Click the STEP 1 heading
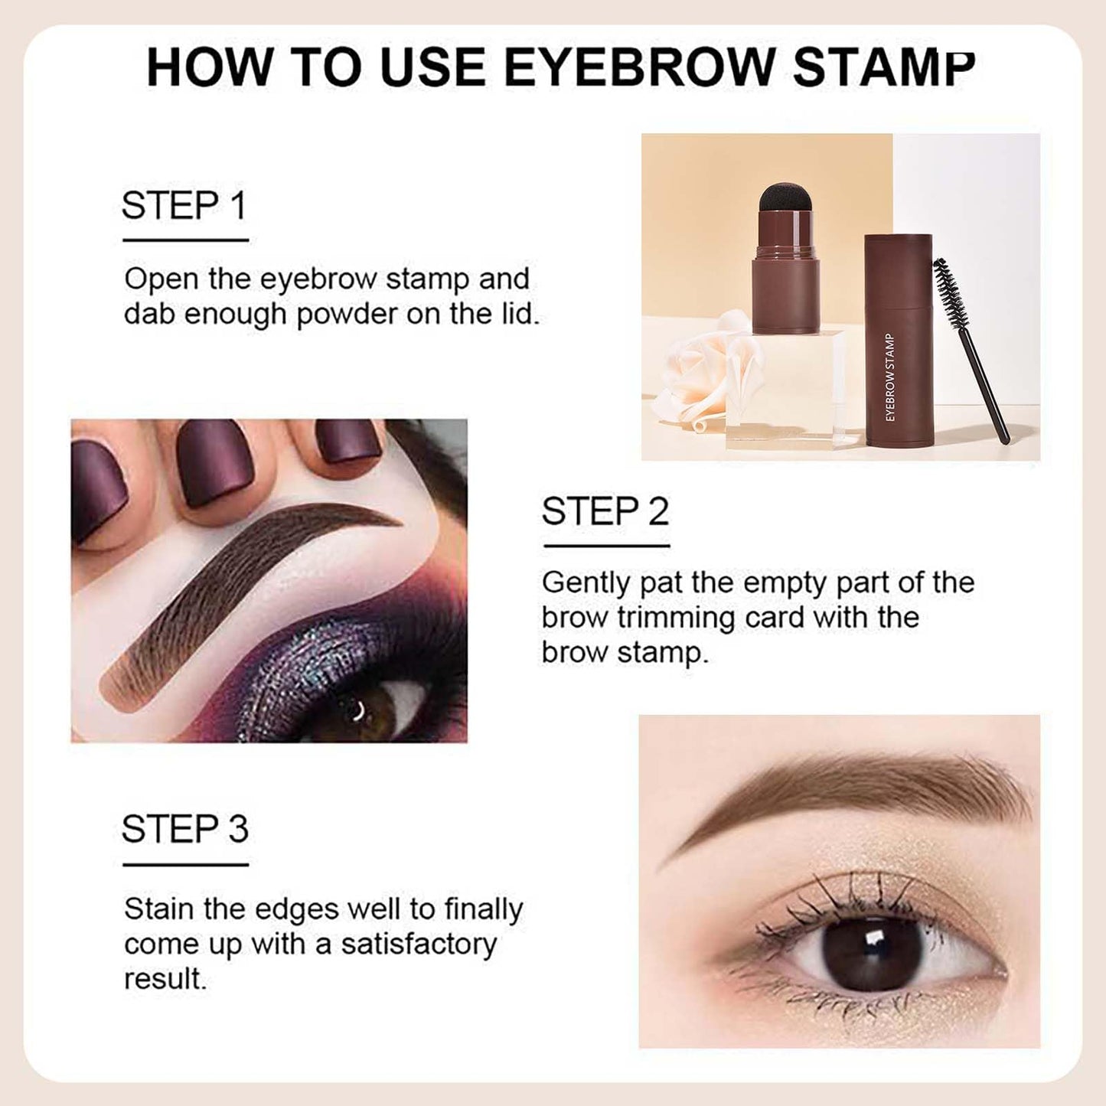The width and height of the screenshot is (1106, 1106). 184,206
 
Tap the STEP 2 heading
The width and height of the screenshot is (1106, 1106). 605,511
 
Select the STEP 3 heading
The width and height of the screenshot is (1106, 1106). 184,830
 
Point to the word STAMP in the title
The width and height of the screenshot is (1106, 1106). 883,67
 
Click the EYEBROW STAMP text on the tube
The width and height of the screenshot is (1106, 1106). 889,377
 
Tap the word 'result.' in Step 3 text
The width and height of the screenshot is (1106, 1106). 165,979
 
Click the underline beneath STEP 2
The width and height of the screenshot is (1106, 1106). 606,546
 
